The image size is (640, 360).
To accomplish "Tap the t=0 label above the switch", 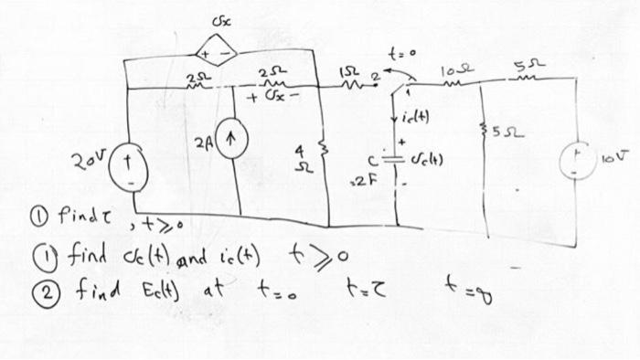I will click(x=403, y=52).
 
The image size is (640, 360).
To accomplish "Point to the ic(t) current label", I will click(x=416, y=120).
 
